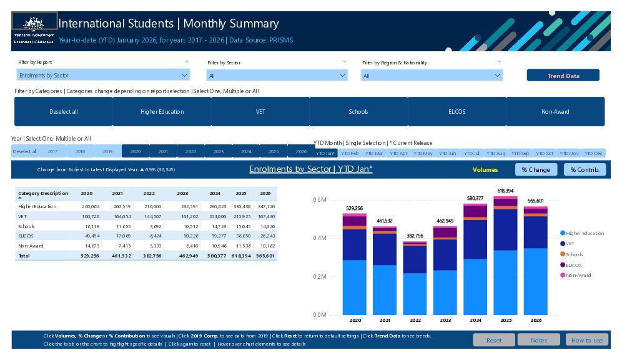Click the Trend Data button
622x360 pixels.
pyautogui.click(x=563, y=76)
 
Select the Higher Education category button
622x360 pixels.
pyautogui.click(x=162, y=112)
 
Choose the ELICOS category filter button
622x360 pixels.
pyautogui.click(x=457, y=112)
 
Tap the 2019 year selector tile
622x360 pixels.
pyautogui.click(x=107, y=151)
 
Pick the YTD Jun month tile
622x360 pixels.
pyautogui.click(x=447, y=153)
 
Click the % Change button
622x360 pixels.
pyautogui.click(x=536, y=169)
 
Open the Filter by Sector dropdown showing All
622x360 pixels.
pyautogui.click(x=277, y=76)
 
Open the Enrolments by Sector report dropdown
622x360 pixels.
pyautogui.click(x=103, y=76)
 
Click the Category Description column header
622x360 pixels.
pyautogui.click(x=43, y=194)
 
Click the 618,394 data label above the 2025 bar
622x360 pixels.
pyautogui.click(x=505, y=191)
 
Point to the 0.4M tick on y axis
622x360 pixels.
pyautogui.click(x=319, y=238)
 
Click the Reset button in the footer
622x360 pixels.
pyautogui.click(x=493, y=340)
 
